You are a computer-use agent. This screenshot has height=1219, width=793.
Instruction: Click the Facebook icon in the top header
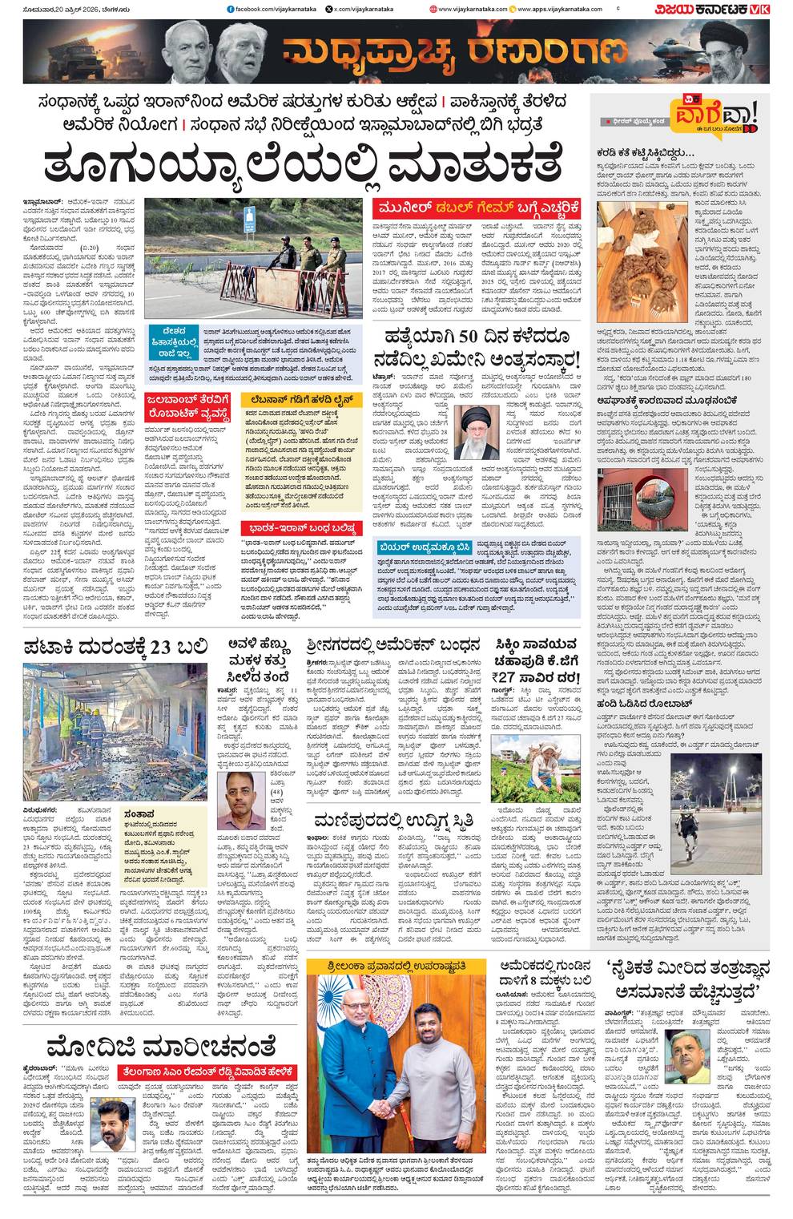pos(231,9)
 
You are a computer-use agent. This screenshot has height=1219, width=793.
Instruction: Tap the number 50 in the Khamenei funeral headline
pos(471,336)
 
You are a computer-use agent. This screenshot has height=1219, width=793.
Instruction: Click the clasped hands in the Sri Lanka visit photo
pos(385,1105)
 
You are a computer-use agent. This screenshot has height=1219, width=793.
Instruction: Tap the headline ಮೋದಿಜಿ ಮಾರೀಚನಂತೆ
pos(160,1046)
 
